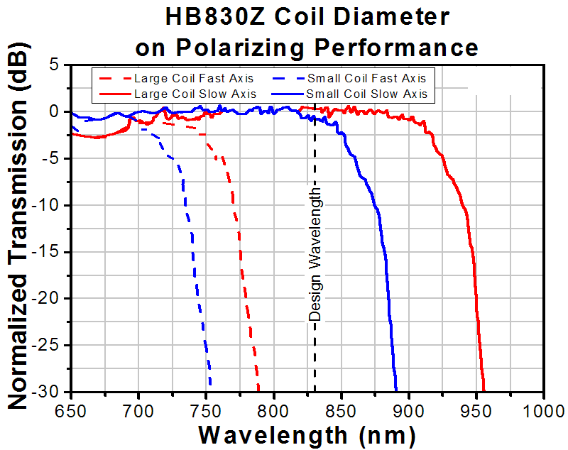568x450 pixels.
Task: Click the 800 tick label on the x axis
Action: pyautogui.click(x=273, y=410)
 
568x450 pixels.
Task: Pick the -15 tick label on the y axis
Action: pyautogui.click(x=49, y=252)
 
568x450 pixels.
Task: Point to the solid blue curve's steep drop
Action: pyautogui.click(x=388, y=284)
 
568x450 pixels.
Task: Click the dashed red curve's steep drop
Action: pyautogui.click(x=243, y=284)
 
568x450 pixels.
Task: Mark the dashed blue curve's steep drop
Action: pyautogui.click(x=195, y=284)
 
